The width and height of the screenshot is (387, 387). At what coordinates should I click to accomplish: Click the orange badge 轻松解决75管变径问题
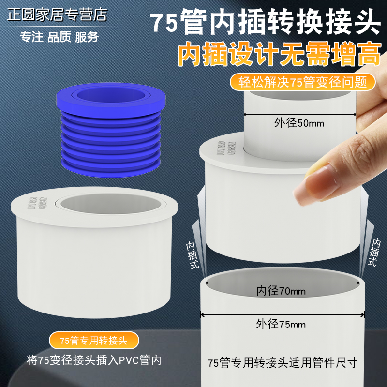pyautogui.click(x=303, y=81)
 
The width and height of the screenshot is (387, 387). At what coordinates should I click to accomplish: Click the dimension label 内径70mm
pyautogui.click(x=281, y=291)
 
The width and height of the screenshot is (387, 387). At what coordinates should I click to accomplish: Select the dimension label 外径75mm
pyautogui.click(x=281, y=324)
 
